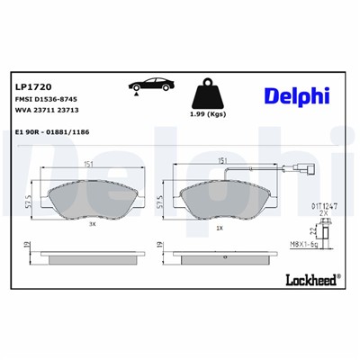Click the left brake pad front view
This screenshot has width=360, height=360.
pyautogui.click(x=88, y=197)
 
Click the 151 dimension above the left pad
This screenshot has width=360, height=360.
pyautogui.click(x=88, y=164)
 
